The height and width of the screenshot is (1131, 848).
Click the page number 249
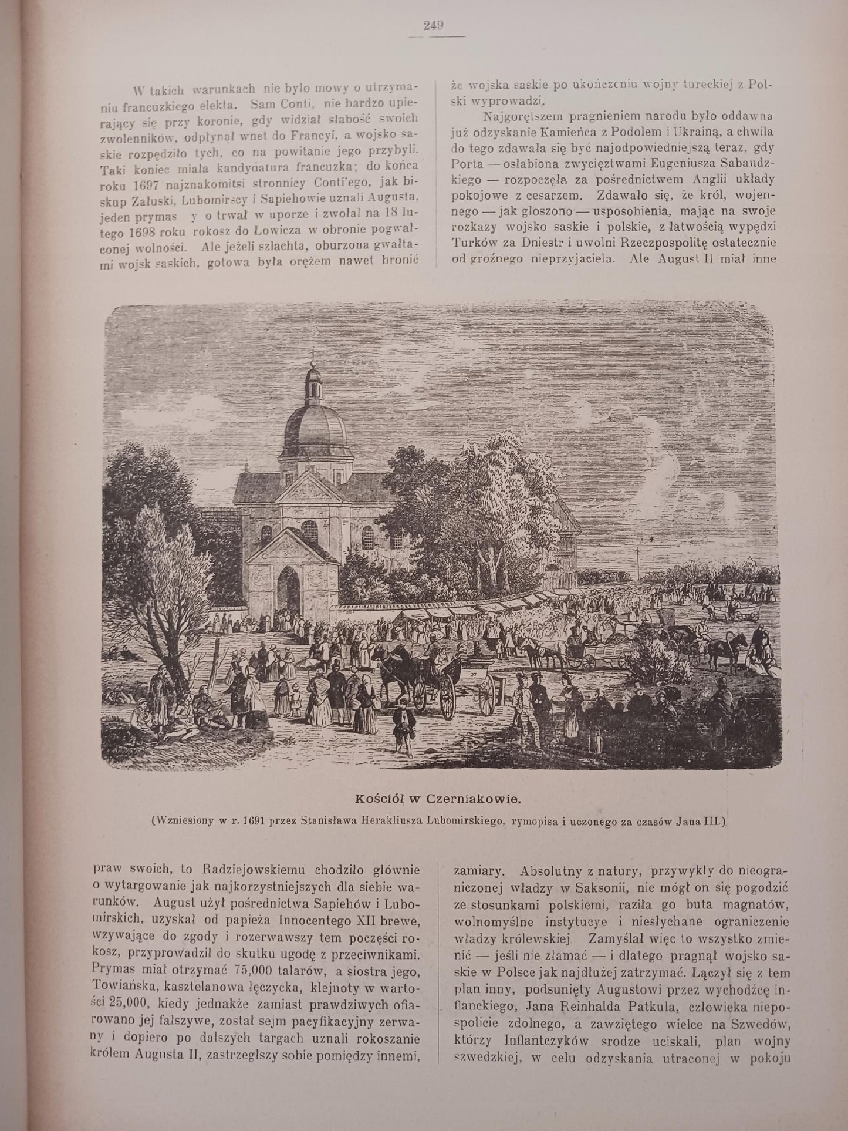[x=433, y=25]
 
